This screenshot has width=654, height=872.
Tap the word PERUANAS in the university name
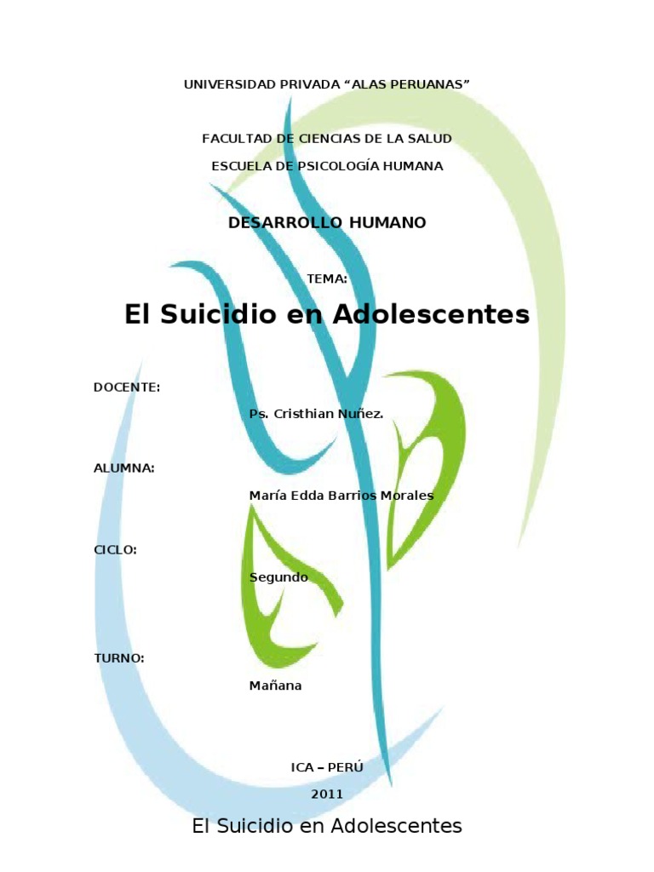430,83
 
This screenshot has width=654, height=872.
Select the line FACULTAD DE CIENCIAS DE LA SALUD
327,138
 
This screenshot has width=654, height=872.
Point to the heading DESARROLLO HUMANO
327,222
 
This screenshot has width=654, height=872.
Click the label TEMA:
327,278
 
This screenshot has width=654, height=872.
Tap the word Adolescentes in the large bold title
430,315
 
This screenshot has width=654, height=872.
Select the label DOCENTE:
127,387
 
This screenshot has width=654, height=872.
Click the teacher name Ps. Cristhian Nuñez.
316,414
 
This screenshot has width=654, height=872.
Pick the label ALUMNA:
124,468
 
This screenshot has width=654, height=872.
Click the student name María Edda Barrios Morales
341,496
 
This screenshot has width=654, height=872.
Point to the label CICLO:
115,550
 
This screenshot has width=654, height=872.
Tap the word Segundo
278,577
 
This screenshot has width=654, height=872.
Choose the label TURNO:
118,658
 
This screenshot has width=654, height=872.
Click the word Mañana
275,686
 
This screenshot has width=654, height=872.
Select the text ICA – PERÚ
327,767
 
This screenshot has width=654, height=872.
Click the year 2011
327,794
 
